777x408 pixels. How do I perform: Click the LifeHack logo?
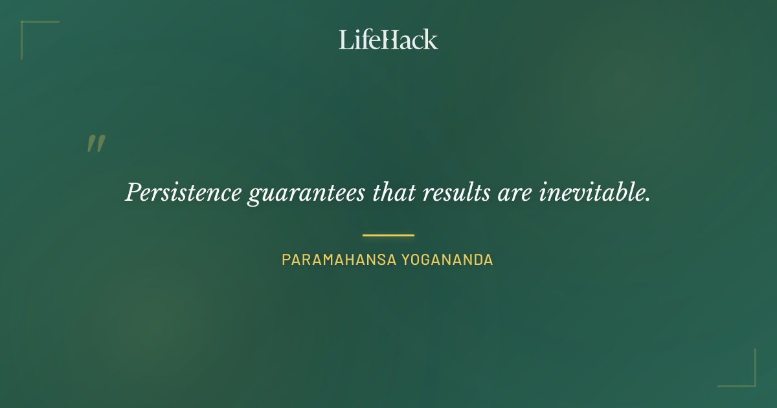click(x=388, y=40)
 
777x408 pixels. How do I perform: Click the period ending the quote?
click(x=648, y=199)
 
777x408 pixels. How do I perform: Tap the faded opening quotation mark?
click(x=96, y=144)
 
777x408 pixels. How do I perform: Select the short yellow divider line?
click(x=388, y=235)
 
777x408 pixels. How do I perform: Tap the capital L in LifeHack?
click(x=346, y=40)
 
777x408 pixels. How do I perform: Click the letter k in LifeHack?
click(x=431, y=40)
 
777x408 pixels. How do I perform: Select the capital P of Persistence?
click(x=132, y=192)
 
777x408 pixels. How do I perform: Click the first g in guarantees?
click(x=254, y=196)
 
